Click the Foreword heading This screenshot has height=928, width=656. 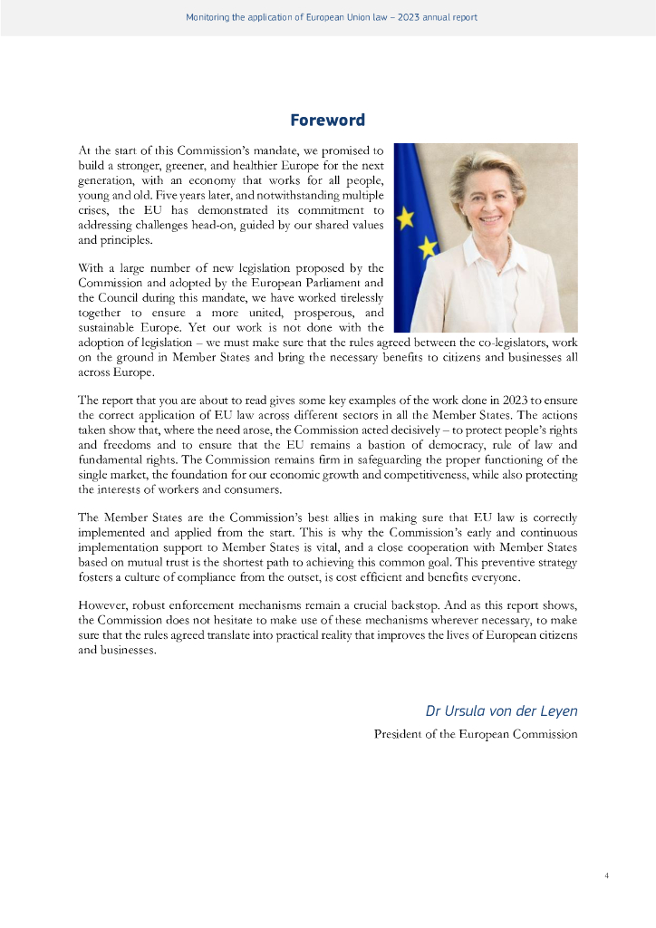click(327, 121)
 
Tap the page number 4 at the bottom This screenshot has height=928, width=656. click(606, 875)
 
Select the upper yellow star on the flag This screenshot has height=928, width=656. click(405, 217)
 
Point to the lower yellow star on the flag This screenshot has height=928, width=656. click(427, 246)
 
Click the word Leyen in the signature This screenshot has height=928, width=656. click(556, 710)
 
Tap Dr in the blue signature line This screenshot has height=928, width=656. click(433, 710)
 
